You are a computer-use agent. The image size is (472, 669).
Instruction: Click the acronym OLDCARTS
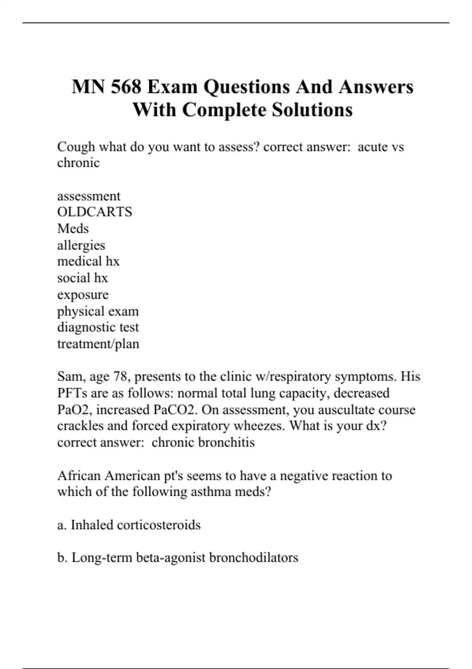(x=94, y=212)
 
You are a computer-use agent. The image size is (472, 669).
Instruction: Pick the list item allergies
(x=81, y=245)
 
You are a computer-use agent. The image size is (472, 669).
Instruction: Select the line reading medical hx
(x=88, y=261)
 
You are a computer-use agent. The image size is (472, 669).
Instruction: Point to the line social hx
(x=82, y=278)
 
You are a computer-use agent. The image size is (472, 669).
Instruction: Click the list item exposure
(x=83, y=294)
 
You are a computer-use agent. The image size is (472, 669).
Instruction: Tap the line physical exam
(x=98, y=311)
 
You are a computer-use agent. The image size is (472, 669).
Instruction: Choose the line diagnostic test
(x=98, y=327)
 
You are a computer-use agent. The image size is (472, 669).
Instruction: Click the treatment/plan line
(x=98, y=344)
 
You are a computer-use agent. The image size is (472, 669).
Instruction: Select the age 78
(x=121, y=377)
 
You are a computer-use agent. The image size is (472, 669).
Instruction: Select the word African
(x=79, y=476)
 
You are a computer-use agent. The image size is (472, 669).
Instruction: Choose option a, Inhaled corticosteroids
(x=129, y=525)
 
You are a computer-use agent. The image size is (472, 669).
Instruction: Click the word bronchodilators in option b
(x=253, y=558)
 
